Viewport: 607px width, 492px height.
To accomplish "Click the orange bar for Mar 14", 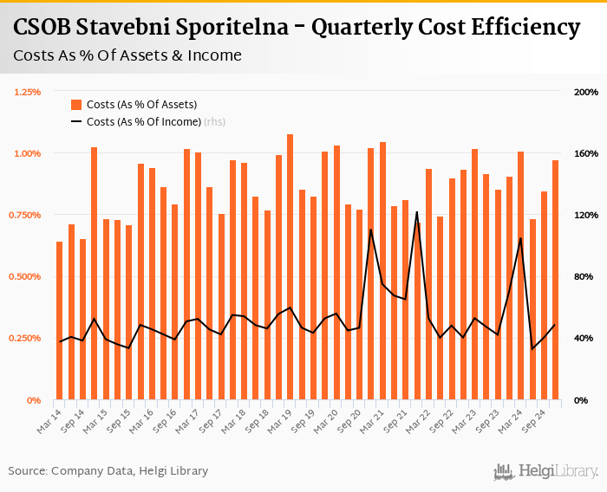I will tap(59, 320).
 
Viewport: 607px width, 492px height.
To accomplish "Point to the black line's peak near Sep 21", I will tap(417, 212).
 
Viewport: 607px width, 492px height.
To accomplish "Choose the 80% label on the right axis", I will tap(584, 277).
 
